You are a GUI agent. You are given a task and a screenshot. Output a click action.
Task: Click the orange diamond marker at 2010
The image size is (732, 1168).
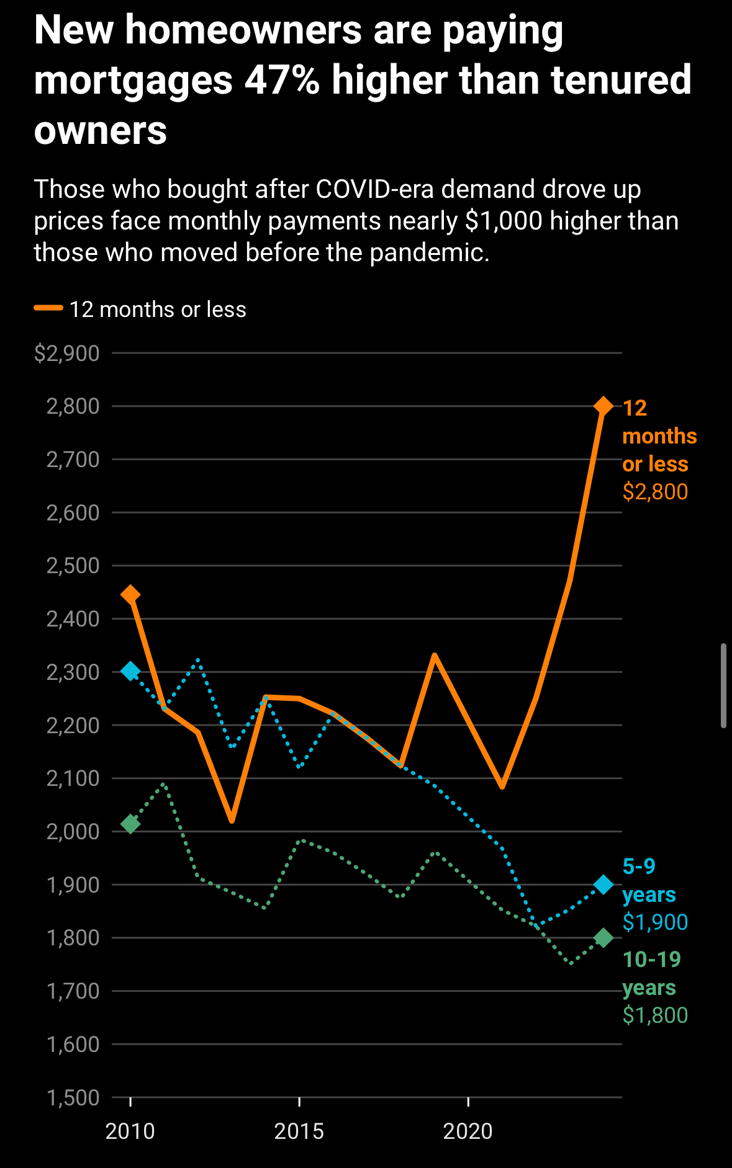click(x=130, y=595)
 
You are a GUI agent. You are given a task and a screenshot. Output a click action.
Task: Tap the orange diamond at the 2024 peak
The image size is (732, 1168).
click(x=603, y=406)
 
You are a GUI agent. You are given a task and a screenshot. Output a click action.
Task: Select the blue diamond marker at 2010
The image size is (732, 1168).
click(x=130, y=671)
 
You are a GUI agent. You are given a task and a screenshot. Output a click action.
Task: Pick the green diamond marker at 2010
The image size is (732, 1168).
click(x=130, y=824)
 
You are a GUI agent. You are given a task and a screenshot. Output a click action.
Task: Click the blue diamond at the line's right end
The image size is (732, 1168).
click(x=603, y=885)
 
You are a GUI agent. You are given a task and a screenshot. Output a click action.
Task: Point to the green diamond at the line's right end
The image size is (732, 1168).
click(x=603, y=938)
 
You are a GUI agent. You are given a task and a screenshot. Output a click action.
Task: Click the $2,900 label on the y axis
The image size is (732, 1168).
click(x=67, y=354)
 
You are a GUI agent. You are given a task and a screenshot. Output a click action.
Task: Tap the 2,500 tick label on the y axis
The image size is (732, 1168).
click(x=73, y=566)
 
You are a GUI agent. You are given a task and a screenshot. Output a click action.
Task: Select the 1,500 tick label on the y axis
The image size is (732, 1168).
click(x=73, y=1098)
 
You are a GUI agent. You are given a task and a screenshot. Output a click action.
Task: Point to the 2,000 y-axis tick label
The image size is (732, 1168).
click(x=73, y=832)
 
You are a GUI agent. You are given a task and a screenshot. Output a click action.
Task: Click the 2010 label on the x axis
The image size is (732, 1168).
click(x=130, y=1131)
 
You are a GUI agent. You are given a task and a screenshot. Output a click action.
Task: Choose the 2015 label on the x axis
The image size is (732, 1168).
click(x=299, y=1131)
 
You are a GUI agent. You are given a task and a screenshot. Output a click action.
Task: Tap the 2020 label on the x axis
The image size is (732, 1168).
click(x=468, y=1131)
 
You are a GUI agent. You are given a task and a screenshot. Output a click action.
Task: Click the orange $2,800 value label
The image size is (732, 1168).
click(x=655, y=492)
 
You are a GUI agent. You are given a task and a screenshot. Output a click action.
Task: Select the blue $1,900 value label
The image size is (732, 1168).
click(x=655, y=922)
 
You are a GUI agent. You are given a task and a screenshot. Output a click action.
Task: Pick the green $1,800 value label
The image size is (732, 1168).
click(x=655, y=1015)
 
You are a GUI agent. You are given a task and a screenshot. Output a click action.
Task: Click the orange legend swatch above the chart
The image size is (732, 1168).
click(x=48, y=308)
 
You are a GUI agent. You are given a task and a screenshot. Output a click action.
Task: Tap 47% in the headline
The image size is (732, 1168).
click(x=282, y=81)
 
